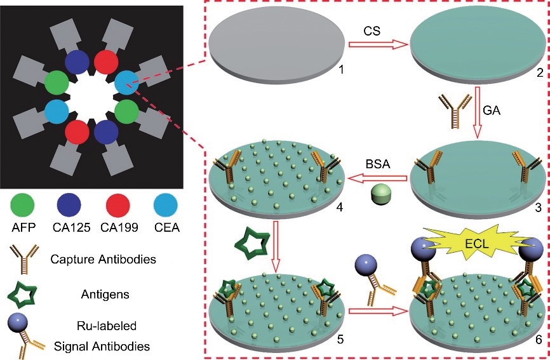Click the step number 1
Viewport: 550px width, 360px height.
tap(341, 69)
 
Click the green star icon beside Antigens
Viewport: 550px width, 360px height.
tap(23, 294)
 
